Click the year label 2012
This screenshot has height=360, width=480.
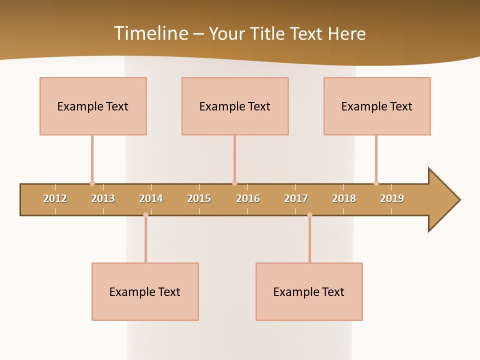[x=55, y=198]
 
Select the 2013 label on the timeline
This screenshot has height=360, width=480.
[x=103, y=198]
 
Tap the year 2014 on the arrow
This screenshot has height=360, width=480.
[x=151, y=198]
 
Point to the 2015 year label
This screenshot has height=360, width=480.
[x=199, y=198]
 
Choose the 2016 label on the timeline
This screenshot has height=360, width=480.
[x=248, y=198]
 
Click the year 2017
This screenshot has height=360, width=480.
[x=296, y=198]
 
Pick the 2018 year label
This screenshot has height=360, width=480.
[x=344, y=198]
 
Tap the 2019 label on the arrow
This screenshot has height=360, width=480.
[x=392, y=198]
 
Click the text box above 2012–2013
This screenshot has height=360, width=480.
[x=93, y=106]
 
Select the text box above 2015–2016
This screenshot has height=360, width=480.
[x=235, y=106]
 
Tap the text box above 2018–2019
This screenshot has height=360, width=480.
[x=377, y=106]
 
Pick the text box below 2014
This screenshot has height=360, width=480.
[x=145, y=291]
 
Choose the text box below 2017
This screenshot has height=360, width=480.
[x=309, y=291]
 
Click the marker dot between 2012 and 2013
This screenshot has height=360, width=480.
[x=92, y=183]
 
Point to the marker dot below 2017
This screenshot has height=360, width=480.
[x=309, y=215]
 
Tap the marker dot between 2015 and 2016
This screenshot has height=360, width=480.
[x=234, y=183]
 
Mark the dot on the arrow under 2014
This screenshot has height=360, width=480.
[x=145, y=215]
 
